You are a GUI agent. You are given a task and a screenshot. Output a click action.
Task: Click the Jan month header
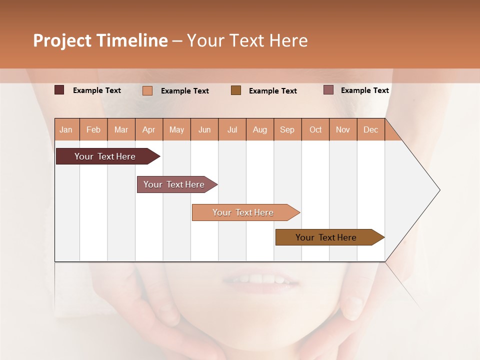tap(66, 129)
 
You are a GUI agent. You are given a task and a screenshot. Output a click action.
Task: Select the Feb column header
tap(93, 129)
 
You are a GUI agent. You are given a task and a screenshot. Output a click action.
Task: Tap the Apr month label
tap(148, 129)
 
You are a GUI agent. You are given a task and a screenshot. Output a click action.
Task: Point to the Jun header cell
tap(204, 129)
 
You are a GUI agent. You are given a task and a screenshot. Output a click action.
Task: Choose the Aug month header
tap(259, 129)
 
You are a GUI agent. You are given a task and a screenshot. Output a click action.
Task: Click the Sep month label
tap(287, 129)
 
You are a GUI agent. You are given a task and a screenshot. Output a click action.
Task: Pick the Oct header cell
tap(315, 129)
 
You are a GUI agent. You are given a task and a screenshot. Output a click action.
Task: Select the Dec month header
tap(370, 129)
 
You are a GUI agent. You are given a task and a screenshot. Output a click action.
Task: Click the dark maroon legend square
tap(59, 90)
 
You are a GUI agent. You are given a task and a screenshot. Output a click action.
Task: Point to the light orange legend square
tap(147, 90)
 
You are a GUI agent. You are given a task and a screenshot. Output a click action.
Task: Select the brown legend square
tap(236, 90)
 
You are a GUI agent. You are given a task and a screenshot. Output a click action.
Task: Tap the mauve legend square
tap(328, 90)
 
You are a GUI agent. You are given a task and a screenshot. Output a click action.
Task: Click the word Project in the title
tap(62, 40)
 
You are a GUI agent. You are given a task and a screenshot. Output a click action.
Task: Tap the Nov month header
tap(343, 129)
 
